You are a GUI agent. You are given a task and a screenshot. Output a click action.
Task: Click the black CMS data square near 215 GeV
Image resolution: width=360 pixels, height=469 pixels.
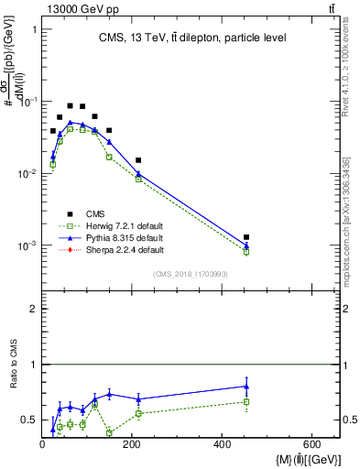point(138,160)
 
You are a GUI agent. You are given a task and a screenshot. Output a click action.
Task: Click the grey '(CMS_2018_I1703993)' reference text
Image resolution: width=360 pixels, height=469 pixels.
point(190,273)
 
